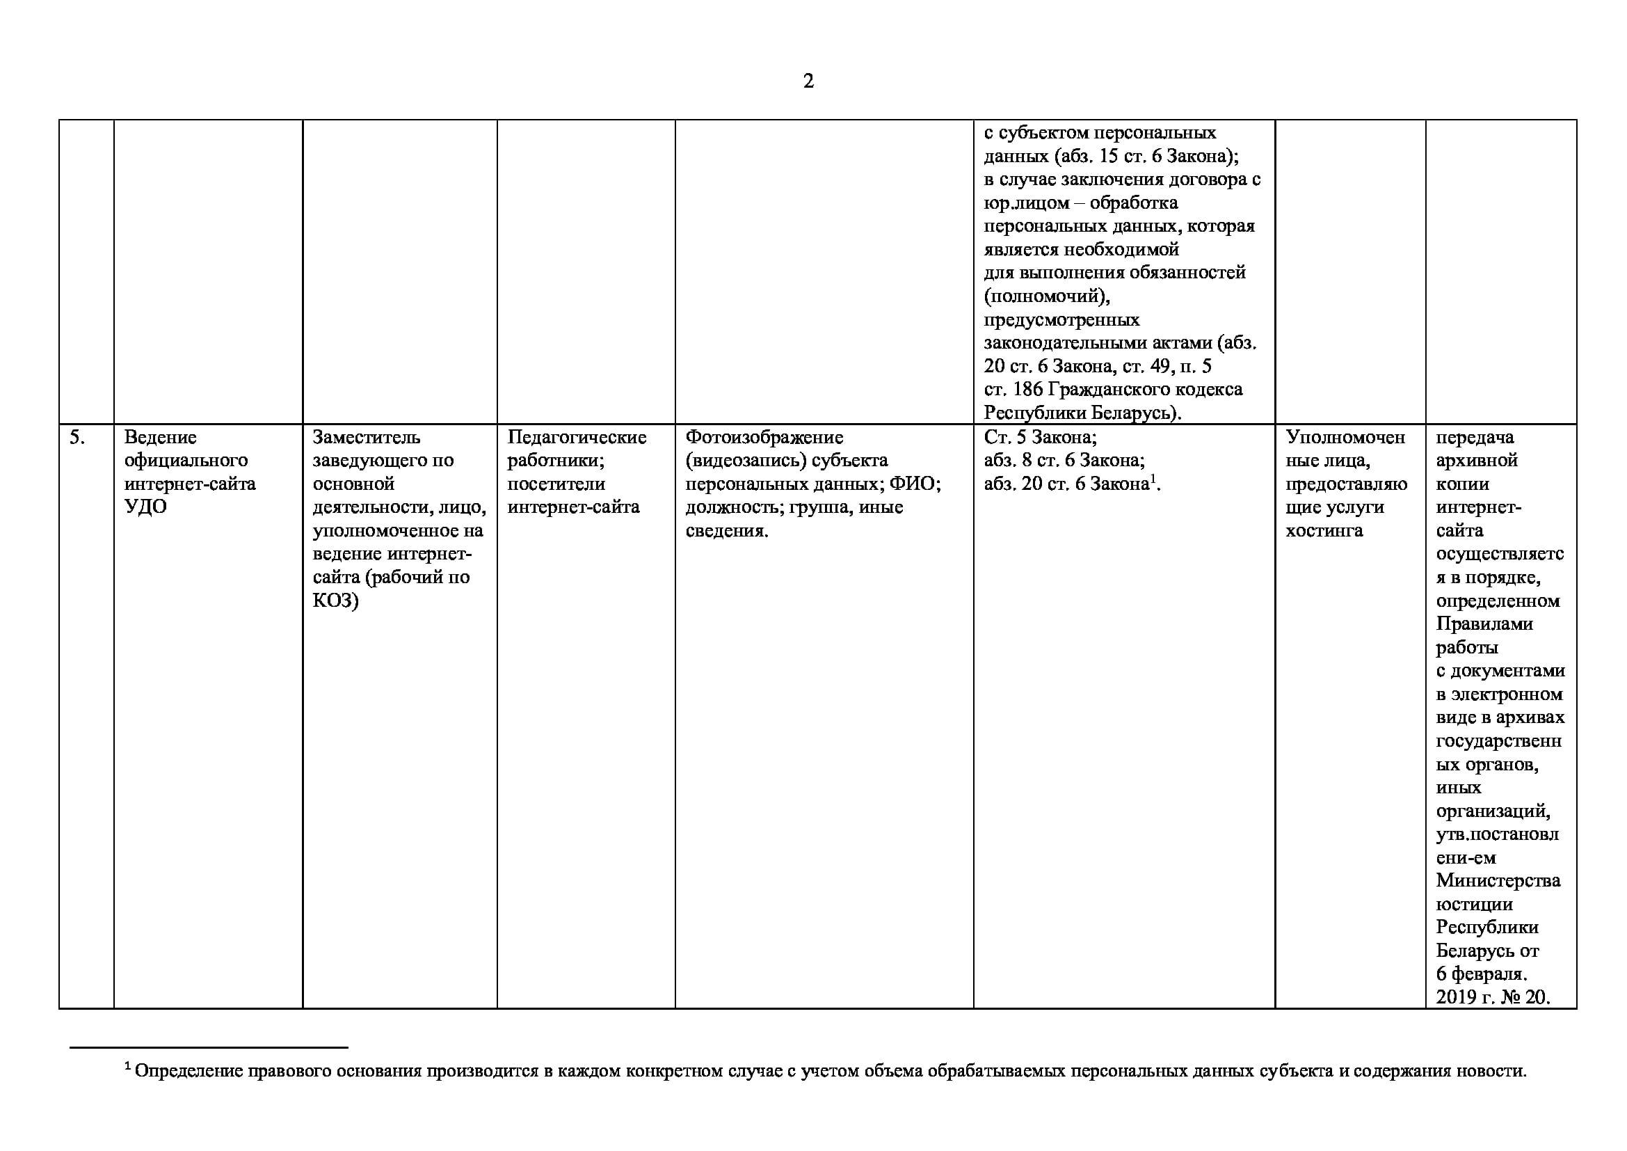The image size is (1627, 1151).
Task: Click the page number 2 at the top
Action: [x=808, y=81]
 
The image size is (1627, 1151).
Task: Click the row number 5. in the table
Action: [x=77, y=437]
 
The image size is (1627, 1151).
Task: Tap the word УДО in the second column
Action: [x=145, y=507]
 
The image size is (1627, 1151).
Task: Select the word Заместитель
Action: [x=366, y=437]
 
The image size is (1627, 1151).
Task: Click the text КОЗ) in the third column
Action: [x=335, y=601]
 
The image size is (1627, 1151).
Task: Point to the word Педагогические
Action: [x=577, y=437]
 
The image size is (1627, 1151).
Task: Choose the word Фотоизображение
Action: [x=764, y=437]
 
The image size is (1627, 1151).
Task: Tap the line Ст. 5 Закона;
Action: [x=1039, y=437]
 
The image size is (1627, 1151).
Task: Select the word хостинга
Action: [x=1324, y=531]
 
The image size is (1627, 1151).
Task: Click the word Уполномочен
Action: [x=1345, y=437]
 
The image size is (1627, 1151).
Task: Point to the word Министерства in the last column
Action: [x=1498, y=881]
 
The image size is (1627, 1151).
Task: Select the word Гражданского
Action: [x=1144, y=390]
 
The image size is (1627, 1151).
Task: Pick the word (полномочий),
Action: [x=1047, y=296]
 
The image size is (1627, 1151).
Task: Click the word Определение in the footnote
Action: [x=189, y=1071]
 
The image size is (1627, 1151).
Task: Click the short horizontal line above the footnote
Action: [x=209, y=1047]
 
